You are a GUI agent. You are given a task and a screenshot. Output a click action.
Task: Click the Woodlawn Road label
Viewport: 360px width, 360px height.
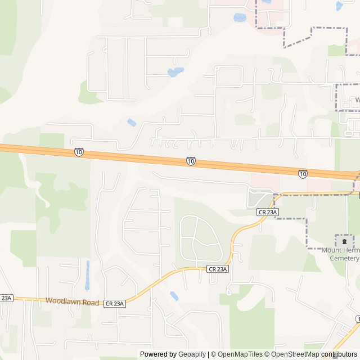click(x=73, y=302)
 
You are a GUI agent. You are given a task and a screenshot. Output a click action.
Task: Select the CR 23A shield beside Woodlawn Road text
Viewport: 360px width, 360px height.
click(x=114, y=303)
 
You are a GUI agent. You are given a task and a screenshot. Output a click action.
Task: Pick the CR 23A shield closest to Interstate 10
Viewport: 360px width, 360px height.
click(x=268, y=211)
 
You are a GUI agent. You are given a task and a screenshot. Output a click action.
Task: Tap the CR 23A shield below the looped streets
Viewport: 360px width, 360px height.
click(x=218, y=269)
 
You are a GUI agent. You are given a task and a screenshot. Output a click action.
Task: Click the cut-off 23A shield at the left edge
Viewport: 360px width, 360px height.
click(x=6, y=298)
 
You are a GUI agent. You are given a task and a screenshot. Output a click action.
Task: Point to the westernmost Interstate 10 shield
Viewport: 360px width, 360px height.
click(x=79, y=152)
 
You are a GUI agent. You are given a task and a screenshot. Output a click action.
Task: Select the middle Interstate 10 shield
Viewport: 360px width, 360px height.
click(x=191, y=161)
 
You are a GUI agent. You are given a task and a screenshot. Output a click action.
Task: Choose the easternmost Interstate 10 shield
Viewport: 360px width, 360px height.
click(x=303, y=174)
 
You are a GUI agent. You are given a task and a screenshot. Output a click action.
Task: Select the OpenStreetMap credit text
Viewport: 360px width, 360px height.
click(x=292, y=354)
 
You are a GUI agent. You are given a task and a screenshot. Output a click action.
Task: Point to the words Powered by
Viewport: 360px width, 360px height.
click(x=157, y=354)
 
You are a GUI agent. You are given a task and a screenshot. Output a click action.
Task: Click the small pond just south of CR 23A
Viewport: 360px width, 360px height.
click(x=174, y=295)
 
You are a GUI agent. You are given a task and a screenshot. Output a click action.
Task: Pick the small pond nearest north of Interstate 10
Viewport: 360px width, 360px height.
click(x=132, y=123)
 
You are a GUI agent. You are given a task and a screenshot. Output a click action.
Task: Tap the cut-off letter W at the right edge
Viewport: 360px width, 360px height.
click(x=357, y=100)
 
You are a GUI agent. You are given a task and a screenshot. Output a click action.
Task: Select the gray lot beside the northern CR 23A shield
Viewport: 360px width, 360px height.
click(x=260, y=199)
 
